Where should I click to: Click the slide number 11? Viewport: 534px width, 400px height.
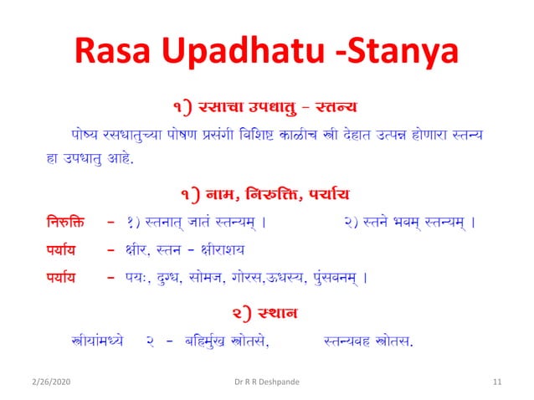[x=497, y=382]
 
